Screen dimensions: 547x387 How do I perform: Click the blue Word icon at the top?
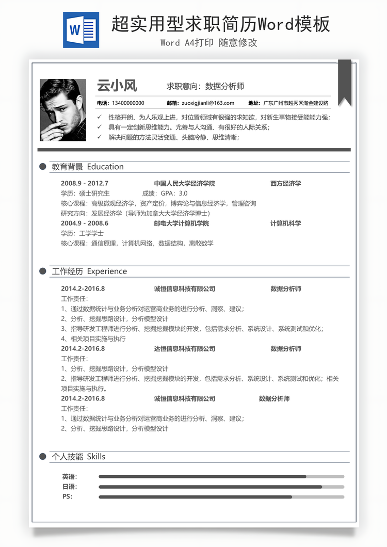click(x=81, y=30)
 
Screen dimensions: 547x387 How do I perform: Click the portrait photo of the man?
click(x=63, y=110)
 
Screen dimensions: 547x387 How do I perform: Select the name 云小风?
click(x=117, y=86)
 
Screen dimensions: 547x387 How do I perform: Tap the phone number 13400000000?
click(x=127, y=103)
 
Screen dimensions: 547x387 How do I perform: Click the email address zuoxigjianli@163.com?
click(x=208, y=103)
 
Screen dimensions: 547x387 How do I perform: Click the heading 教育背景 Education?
click(x=88, y=167)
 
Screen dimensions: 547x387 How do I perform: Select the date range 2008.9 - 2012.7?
click(x=85, y=184)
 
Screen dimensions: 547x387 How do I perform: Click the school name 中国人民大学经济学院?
click(x=184, y=184)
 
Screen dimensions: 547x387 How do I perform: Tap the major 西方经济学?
click(x=285, y=184)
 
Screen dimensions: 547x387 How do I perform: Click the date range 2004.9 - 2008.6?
click(x=85, y=223)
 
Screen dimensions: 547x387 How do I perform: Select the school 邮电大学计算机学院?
click(x=181, y=223)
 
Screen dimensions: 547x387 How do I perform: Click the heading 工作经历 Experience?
click(x=89, y=271)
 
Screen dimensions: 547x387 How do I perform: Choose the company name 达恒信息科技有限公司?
click(x=184, y=349)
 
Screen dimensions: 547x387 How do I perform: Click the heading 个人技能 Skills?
click(x=78, y=457)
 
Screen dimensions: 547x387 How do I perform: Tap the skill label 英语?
click(x=69, y=477)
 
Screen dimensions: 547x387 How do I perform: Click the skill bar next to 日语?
click(x=221, y=487)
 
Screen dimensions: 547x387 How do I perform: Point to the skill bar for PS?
click(x=221, y=497)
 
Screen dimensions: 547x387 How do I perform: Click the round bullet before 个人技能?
click(x=43, y=457)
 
